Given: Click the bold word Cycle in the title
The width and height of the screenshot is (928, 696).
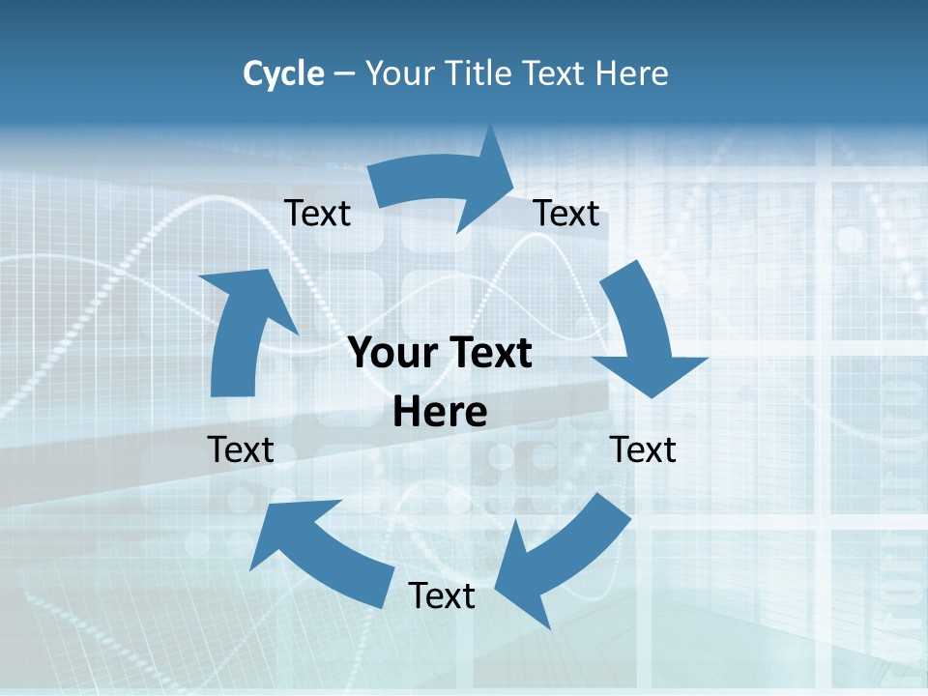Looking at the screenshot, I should (283, 72).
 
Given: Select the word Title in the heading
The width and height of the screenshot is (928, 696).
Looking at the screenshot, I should (479, 72).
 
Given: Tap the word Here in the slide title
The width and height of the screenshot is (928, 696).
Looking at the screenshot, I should (631, 72).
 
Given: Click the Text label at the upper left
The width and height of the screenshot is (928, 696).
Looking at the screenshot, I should (317, 213).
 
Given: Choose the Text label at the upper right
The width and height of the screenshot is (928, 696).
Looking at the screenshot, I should (566, 213).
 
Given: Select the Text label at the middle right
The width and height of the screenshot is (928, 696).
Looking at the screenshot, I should (643, 449).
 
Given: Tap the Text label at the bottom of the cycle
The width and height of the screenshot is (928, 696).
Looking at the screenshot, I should (442, 595).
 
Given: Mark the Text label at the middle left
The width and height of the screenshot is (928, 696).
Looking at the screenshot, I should (241, 449).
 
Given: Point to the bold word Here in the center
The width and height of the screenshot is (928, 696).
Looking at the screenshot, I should (441, 413).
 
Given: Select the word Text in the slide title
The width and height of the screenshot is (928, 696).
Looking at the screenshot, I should (554, 72).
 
